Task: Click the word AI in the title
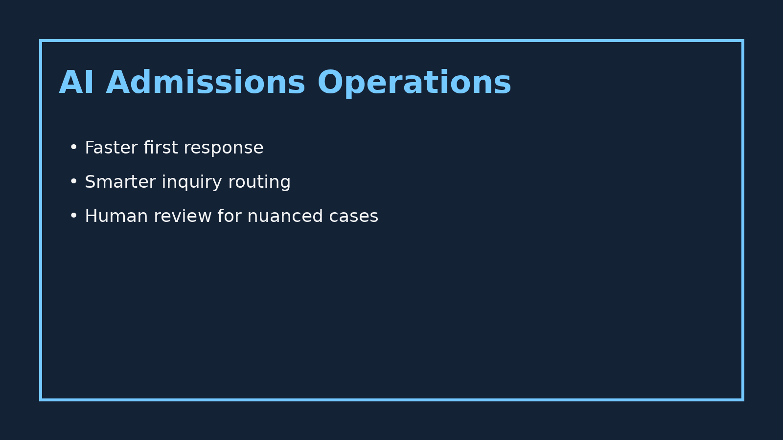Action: click(76, 83)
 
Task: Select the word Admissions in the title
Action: click(206, 83)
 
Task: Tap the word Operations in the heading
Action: click(414, 83)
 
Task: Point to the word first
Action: click(161, 148)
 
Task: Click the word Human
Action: click(116, 216)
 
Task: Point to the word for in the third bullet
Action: click(230, 216)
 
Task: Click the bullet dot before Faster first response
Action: click(73, 147)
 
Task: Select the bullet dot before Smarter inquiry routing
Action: click(73, 181)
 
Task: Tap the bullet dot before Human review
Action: click(73, 216)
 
